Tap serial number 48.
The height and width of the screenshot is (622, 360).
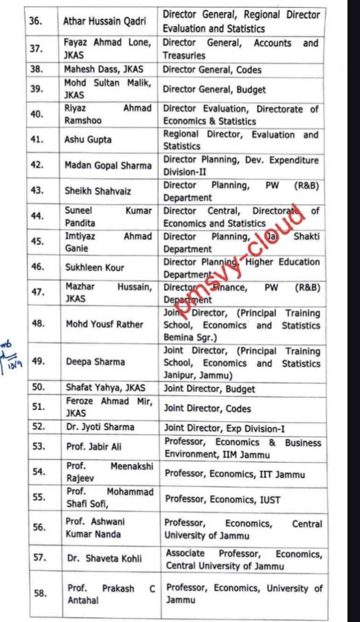(x=38, y=323)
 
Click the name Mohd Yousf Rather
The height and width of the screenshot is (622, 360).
(x=104, y=324)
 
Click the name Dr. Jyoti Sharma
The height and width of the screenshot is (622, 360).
(x=100, y=427)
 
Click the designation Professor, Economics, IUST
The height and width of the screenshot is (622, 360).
(x=223, y=500)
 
